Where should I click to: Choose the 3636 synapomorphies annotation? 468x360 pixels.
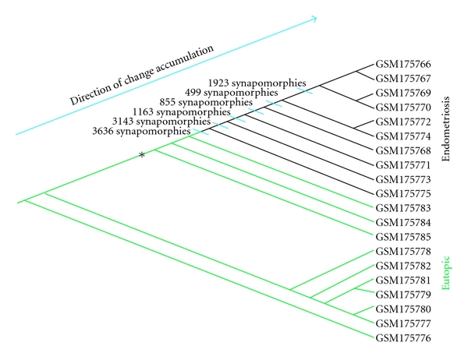click(142, 132)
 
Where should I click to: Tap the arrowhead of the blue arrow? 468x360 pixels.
click(313, 17)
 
